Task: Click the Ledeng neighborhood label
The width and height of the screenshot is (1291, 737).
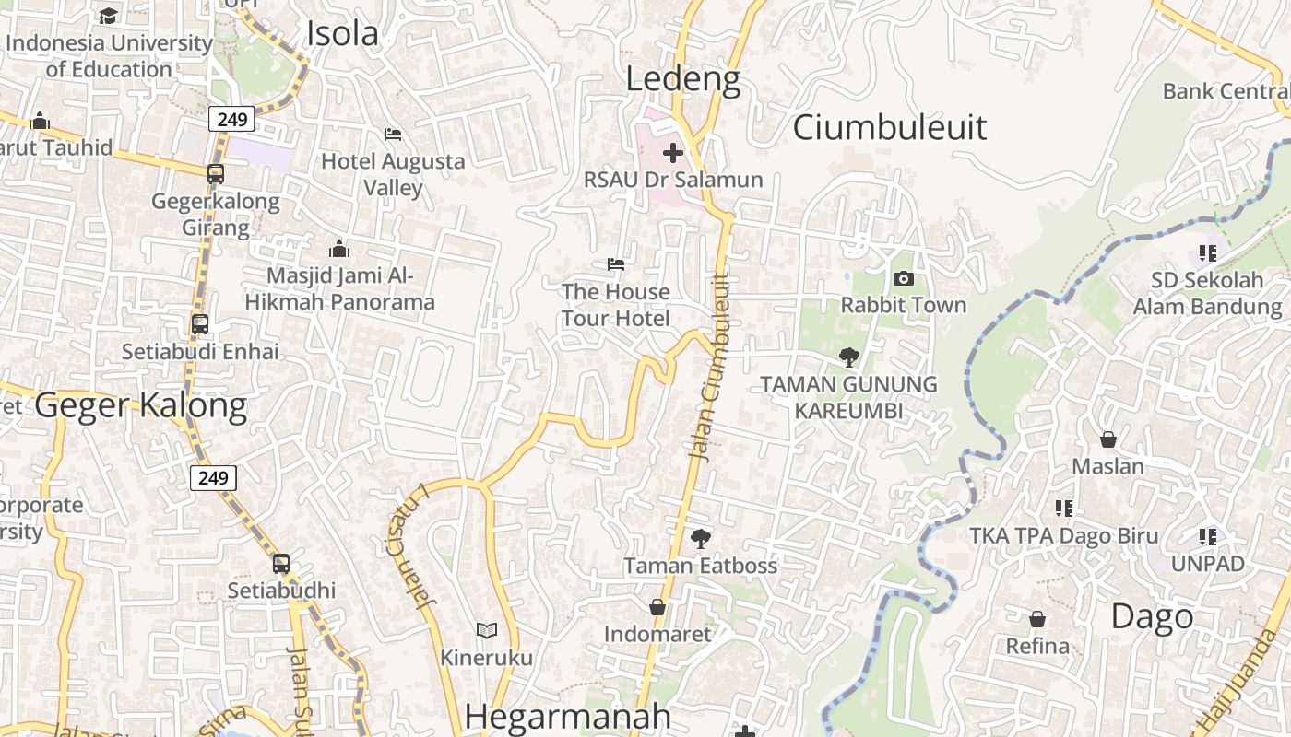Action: click(682, 79)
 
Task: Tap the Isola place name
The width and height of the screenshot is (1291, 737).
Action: click(342, 34)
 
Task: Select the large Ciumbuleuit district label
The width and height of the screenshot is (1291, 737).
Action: click(889, 127)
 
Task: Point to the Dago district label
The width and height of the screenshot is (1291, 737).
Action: click(1152, 616)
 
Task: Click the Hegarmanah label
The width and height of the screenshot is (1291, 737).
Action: click(568, 717)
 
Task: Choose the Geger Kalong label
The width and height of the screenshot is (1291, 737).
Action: click(141, 405)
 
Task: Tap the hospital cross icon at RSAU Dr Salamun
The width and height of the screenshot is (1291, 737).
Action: click(673, 153)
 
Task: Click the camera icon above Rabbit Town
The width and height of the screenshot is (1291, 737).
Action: click(904, 278)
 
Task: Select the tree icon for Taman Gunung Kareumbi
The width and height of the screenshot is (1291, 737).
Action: click(848, 357)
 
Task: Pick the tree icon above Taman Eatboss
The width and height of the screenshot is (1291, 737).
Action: click(701, 538)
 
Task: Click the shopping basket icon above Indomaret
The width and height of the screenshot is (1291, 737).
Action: click(657, 607)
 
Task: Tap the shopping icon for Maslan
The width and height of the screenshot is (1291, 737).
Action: click(1107, 439)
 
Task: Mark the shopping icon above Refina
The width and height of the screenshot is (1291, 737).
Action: click(1037, 619)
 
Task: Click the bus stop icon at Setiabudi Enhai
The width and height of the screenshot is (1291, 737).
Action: click(200, 324)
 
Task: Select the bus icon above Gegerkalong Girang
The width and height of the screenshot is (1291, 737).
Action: click(216, 173)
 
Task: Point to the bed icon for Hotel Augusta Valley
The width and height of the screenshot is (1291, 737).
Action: click(393, 135)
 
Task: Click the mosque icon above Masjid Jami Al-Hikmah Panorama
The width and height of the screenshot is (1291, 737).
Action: click(339, 249)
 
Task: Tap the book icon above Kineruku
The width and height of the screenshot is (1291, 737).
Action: click(486, 631)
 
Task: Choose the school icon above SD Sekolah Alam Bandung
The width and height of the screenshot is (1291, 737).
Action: click(1207, 252)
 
